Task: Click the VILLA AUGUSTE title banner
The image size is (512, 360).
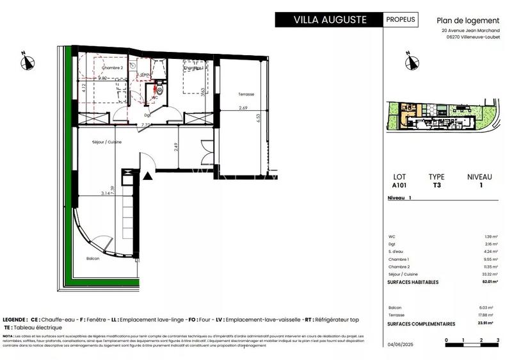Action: pos(329,19)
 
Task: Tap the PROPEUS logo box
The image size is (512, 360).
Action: pos(401,19)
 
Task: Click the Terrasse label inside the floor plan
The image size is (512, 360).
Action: pos(246,94)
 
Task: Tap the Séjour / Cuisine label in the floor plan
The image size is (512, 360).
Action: pos(107,142)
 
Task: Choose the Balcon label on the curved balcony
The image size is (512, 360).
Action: pos(93,258)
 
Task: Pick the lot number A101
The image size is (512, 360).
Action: pos(399,185)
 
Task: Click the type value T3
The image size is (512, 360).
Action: pos(437,185)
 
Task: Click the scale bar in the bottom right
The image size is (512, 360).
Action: pos(472,345)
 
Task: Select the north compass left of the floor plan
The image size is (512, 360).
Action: pos(27,61)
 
